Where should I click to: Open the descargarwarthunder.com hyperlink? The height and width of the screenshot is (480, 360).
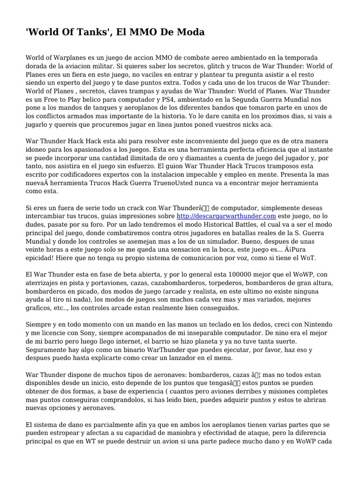point(226,216)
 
